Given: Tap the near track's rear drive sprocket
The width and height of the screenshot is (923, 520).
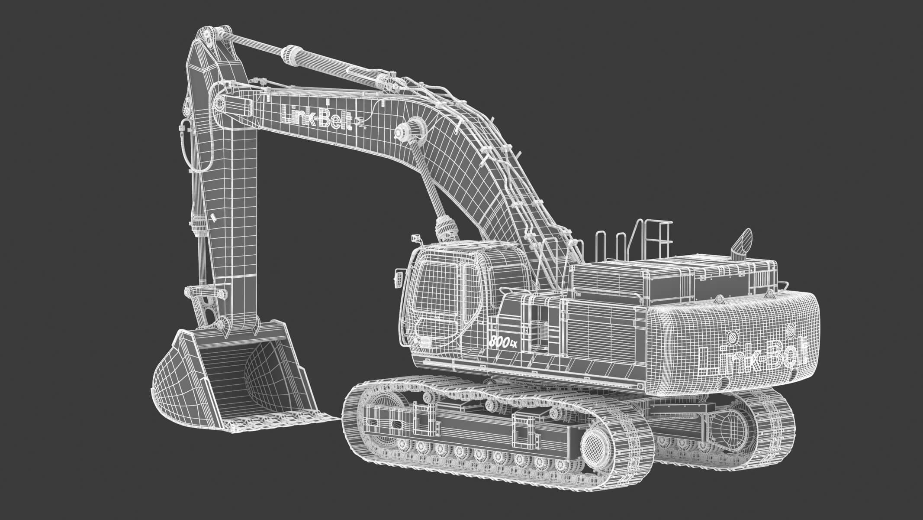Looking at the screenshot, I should tap(596, 444).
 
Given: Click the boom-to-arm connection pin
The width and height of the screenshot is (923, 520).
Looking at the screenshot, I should tap(220, 104).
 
